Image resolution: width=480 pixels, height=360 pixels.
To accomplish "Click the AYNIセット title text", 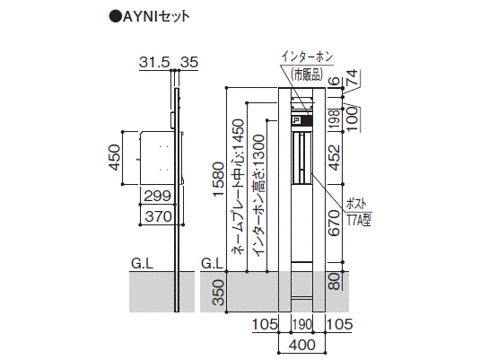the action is (150, 16).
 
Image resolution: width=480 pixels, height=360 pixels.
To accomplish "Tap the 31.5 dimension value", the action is (154, 63).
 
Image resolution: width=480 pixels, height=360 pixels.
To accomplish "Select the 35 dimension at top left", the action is (189, 63).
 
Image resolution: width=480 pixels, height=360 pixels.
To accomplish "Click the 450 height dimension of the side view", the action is (115, 157).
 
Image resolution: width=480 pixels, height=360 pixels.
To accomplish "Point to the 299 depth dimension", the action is (157, 196).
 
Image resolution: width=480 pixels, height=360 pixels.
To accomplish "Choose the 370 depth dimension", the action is (158, 216).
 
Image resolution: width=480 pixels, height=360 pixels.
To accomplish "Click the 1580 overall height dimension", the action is (220, 180).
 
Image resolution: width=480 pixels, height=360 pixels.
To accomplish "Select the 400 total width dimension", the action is (301, 345).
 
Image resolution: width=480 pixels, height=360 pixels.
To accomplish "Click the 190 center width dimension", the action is (301, 324).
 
